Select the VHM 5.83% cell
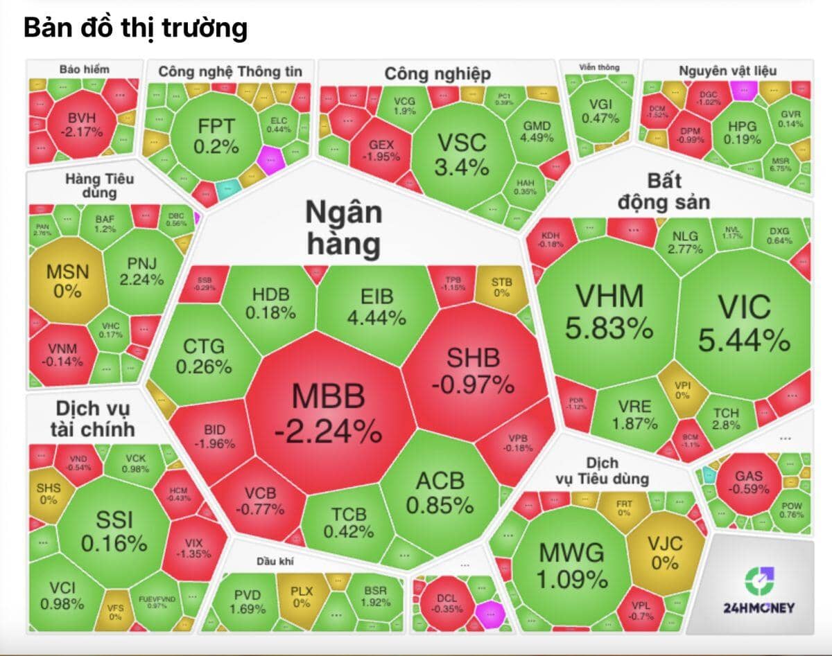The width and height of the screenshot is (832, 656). pyautogui.click(x=608, y=312)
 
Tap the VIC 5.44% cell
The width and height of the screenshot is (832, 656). pyautogui.click(x=743, y=322)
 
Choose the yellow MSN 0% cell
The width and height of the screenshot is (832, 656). pyautogui.click(x=67, y=280)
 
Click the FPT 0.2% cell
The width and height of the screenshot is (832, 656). pyautogui.click(x=216, y=136)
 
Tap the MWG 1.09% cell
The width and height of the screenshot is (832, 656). pyautogui.click(x=572, y=565)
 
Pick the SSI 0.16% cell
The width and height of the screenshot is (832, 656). pyautogui.click(x=114, y=531)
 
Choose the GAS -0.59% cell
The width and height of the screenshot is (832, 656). pyautogui.click(x=748, y=481)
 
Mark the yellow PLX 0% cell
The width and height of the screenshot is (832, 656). pyautogui.click(x=301, y=596)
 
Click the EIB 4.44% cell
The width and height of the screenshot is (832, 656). pyautogui.click(x=376, y=307)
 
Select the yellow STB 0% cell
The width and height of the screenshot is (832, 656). pyautogui.click(x=501, y=287)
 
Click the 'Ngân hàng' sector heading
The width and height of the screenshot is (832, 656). pyautogui.click(x=343, y=229)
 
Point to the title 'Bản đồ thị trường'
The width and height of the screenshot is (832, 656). pyautogui.click(x=135, y=28)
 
